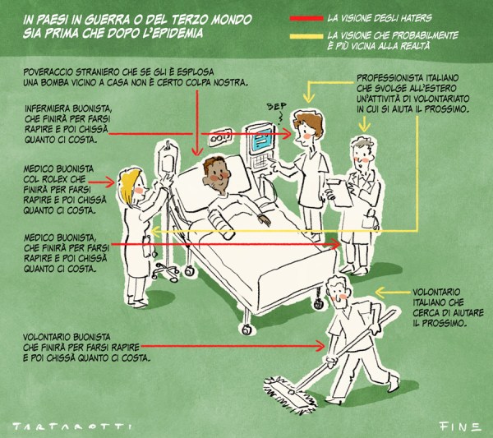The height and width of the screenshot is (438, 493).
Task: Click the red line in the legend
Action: pos(306,18)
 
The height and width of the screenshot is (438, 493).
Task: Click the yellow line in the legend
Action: pos(306,36)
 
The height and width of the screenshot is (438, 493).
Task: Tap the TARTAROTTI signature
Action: pos(72,426)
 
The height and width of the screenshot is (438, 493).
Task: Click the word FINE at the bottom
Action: pos(459,426)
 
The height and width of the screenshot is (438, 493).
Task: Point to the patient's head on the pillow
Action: pos(215,174)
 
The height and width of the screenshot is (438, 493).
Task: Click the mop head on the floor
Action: pos(290,394)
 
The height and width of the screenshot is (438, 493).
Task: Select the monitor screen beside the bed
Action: pos(261,140)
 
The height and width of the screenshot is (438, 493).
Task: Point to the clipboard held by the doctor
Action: pos(339,191)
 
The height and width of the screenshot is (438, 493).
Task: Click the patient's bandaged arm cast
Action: pos(221,224)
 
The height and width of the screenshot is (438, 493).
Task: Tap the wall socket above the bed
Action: pos(220,136)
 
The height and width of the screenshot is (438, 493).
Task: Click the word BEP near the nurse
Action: pos(276,107)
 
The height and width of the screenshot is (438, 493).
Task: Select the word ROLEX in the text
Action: pos(53,179)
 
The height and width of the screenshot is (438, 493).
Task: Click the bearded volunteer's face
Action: pos(338,293)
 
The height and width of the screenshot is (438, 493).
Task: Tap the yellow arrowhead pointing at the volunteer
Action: pos(380,293)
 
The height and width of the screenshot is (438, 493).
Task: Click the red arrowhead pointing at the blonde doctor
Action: pos(109,182)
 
